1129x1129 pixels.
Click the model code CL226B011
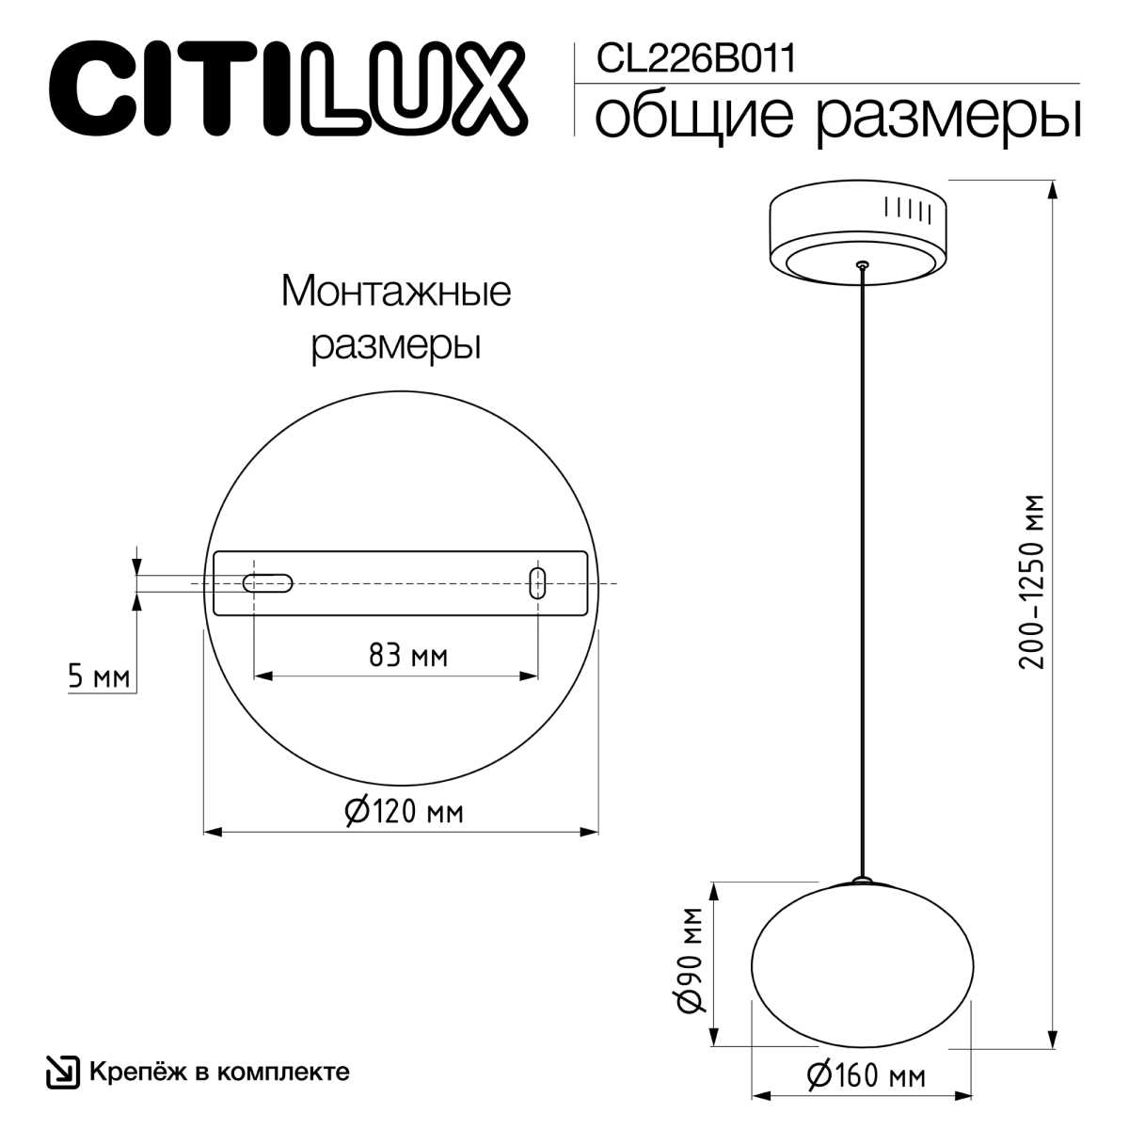pyautogui.click(x=696, y=58)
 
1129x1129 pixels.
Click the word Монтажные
pyautogui.click(x=396, y=292)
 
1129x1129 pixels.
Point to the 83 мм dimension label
pyautogui.click(x=408, y=656)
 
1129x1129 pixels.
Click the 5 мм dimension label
pyautogui.click(x=99, y=677)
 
